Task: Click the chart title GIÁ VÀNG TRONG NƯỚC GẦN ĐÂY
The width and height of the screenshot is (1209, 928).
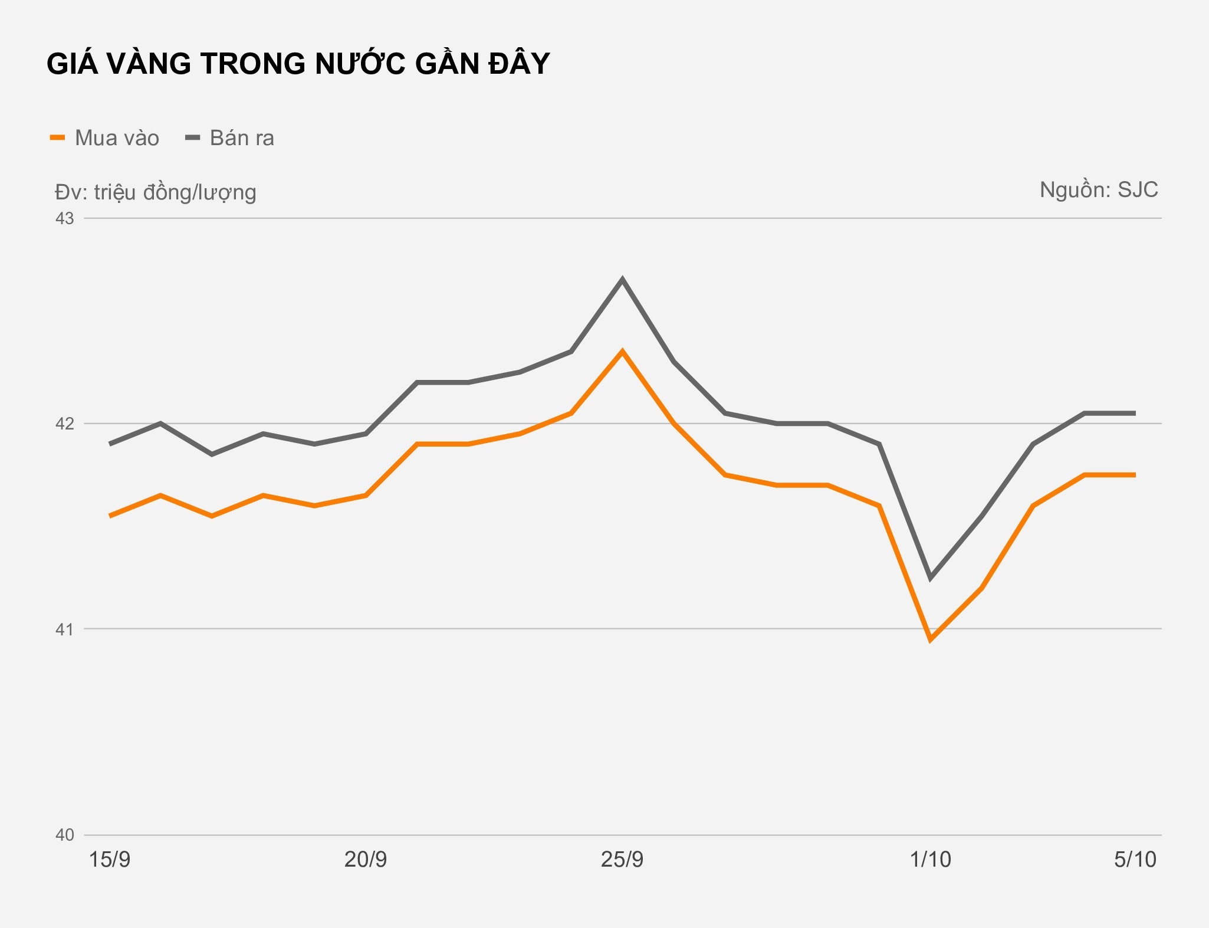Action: pos(298,64)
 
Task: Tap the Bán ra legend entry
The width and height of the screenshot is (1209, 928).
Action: pos(231,138)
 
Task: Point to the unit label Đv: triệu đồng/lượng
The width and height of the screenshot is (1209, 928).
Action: pos(155,192)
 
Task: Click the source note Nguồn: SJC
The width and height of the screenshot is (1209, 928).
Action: pos(1098,190)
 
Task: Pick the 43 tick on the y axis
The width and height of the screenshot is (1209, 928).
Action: pos(65,218)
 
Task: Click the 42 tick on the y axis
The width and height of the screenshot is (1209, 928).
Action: pos(65,424)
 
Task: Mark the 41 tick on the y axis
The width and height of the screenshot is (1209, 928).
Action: pos(65,629)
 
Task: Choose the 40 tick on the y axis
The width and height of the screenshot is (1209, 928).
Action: pos(65,835)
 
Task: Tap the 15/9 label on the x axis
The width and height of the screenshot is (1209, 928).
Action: pos(110,860)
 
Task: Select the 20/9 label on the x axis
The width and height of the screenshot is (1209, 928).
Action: pos(366,860)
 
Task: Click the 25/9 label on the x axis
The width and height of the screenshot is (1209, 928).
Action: pos(622,860)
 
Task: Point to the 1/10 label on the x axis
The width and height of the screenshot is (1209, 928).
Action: pos(930,860)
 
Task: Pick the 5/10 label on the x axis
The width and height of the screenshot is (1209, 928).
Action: pos(1135,860)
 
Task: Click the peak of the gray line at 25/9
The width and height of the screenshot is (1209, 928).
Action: pos(622,279)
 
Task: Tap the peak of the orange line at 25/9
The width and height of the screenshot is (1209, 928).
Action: pos(622,352)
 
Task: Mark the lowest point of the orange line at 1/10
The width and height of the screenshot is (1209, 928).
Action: pos(930,639)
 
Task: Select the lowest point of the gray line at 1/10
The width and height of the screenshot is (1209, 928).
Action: pos(930,578)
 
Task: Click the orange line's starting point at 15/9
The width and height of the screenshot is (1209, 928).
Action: pos(110,516)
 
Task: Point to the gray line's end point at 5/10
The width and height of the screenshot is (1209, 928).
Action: pos(1134,413)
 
